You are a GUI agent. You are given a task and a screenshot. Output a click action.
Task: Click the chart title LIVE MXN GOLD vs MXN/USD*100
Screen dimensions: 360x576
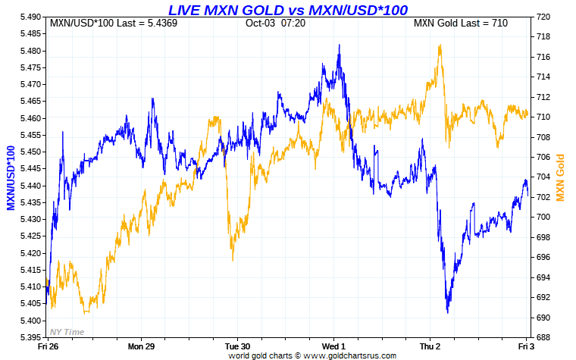click(x=288, y=10)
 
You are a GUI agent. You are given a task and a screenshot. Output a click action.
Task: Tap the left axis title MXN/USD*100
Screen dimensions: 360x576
click(x=11, y=177)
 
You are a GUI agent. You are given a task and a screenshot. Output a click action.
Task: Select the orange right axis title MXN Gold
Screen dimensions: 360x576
click(x=560, y=177)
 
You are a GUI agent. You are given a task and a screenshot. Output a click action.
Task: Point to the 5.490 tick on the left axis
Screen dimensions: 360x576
click(x=30, y=17)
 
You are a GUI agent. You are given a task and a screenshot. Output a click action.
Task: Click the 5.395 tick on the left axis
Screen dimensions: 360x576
click(x=30, y=337)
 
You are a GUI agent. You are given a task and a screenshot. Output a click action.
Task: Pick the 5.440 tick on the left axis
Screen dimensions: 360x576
click(x=30, y=186)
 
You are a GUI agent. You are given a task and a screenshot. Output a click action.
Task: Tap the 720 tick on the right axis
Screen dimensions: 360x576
click(x=542, y=17)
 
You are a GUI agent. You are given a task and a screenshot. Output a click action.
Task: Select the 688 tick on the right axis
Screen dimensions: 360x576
click(x=542, y=337)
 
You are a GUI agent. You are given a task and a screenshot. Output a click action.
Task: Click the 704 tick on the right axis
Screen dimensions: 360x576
click(x=542, y=177)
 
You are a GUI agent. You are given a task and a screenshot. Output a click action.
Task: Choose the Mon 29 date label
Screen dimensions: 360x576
click(x=142, y=346)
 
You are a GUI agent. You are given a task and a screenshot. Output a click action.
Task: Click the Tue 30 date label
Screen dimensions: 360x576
click(x=237, y=346)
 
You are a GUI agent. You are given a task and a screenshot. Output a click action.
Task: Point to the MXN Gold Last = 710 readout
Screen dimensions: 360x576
click(x=460, y=23)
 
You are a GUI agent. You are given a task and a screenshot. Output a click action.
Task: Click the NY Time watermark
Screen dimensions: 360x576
click(x=66, y=331)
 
